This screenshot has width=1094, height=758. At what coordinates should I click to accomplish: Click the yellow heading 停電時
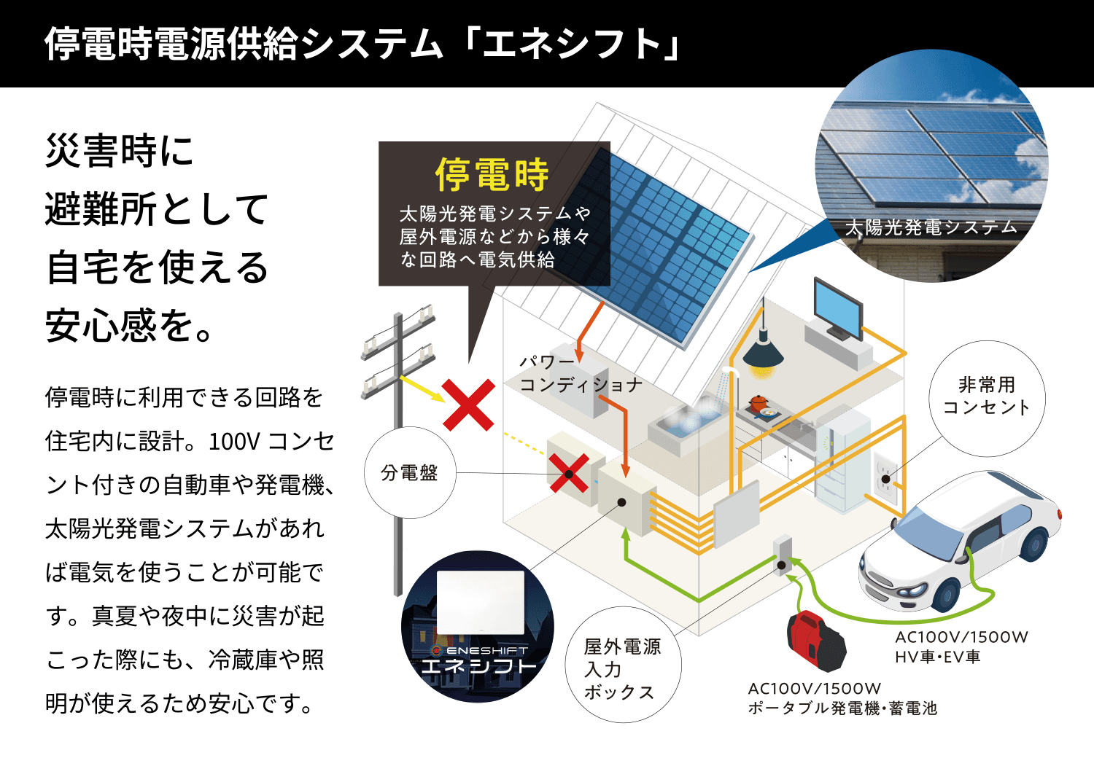(x=492, y=174)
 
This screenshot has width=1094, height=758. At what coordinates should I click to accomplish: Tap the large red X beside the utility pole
(x=468, y=405)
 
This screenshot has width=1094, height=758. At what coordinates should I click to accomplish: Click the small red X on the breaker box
(x=569, y=473)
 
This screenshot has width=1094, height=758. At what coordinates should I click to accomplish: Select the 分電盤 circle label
(x=410, y=472)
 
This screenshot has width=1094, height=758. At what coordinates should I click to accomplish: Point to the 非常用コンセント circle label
(x=987, y=398)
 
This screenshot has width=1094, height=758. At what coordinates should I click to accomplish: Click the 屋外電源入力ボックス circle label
(x=623, y=664)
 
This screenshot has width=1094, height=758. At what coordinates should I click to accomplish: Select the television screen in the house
(x=838, y=307)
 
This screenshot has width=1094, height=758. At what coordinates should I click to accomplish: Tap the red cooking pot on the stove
(x=759, y=402)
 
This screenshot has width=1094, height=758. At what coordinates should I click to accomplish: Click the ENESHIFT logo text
(x=480, y=650)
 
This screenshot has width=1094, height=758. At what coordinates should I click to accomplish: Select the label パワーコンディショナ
(x=581, y=373)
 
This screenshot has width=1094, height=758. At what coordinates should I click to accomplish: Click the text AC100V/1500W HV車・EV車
(x=961, y=646)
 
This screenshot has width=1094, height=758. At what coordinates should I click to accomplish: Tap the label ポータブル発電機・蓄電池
(x=842, y=708)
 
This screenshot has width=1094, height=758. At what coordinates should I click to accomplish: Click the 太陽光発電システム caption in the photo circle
(x=931, y=227)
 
